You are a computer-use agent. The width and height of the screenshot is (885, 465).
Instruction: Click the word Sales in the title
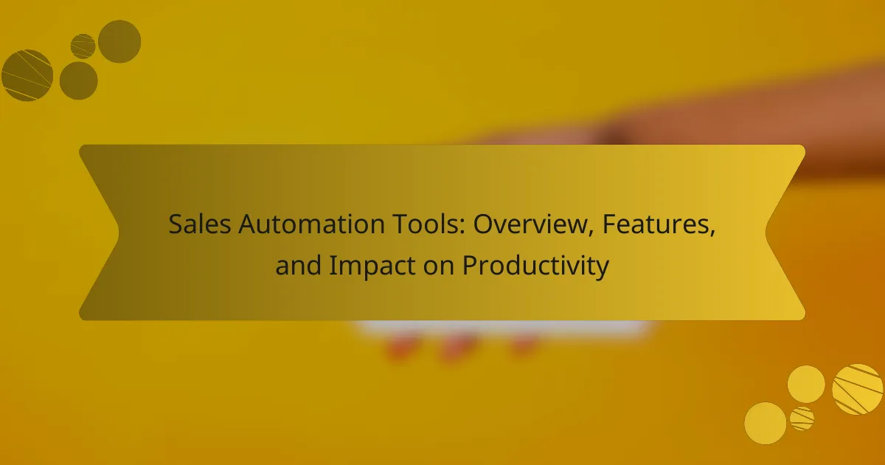pos(200,224)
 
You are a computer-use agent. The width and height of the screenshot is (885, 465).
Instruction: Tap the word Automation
pos(311,224)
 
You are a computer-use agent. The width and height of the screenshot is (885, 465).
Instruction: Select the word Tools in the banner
pos(428,224)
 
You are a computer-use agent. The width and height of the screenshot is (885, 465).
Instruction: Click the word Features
pos(656,224)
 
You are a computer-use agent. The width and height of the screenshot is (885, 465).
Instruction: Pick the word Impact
pos(372,266)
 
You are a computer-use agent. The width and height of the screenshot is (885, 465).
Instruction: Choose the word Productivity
pos(535,266)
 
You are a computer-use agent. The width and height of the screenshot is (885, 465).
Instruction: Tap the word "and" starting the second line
pos(298,265)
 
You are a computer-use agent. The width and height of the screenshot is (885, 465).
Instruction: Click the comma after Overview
pos(591,233)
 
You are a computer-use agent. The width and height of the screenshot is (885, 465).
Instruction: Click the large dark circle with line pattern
pos(27,75)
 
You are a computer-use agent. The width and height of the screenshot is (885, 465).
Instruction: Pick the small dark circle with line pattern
pos(83,46)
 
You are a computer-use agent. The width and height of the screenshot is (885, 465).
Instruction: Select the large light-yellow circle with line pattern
pos(857,390)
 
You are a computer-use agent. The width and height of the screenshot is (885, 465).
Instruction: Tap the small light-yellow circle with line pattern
pos(802,418)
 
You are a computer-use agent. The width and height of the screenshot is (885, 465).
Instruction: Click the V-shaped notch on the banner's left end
pos(118,232)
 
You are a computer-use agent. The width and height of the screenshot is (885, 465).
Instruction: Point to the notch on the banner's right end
pos(766,232)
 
